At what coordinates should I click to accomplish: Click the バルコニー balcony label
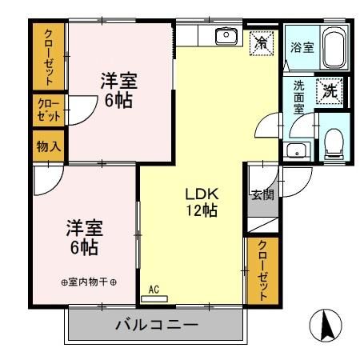(156, 326)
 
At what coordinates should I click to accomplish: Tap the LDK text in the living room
(202, 194)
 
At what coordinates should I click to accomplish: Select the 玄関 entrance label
(262, 194)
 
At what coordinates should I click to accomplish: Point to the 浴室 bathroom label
(302, 48)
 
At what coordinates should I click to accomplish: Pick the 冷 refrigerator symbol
(261, 44)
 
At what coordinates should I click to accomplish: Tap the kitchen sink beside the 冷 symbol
(226, 35)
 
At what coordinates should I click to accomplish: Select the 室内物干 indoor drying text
(89, 282)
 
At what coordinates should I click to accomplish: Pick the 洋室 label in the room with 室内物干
(84, 228)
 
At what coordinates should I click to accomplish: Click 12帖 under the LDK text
(202, 210)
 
